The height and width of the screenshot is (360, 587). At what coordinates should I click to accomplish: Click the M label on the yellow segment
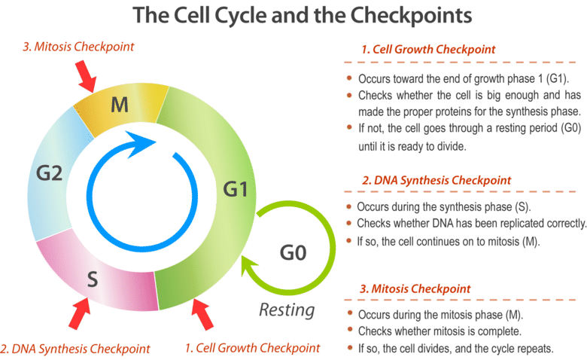point(119,104)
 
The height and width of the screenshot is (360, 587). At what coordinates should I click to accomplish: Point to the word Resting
point(286,310)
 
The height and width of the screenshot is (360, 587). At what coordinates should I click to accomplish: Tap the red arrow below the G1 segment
point(202,314)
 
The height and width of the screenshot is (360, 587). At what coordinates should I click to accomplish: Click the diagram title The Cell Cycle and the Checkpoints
point(293,16)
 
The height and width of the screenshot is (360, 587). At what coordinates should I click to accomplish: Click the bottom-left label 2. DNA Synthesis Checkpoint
point(75,348)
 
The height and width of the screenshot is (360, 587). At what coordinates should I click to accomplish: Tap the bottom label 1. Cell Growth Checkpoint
point(253,348)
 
